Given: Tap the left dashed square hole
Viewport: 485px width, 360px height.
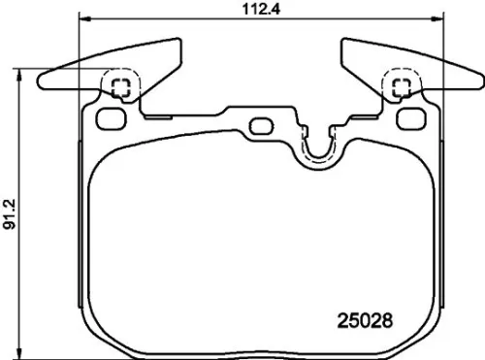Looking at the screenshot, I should pos(121,87).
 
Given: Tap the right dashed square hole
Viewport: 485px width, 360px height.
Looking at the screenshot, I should pos(398,87).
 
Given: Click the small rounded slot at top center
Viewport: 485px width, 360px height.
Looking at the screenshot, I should pos(259,125).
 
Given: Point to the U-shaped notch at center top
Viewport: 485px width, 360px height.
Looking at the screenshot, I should pos(316,150).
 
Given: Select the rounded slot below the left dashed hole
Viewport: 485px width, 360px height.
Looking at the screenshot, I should pos(113,119).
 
